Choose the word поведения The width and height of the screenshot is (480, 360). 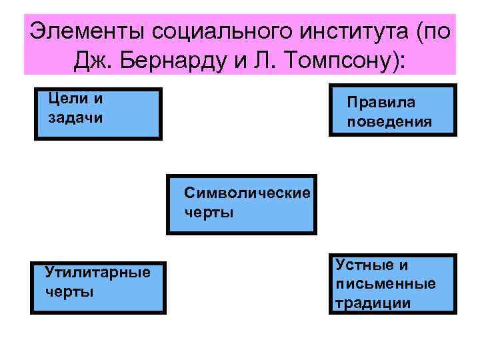pos(389,123)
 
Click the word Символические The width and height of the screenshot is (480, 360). pos(247,193)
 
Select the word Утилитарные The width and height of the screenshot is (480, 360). pos(97,273)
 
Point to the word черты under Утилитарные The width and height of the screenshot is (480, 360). pos(69,292)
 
